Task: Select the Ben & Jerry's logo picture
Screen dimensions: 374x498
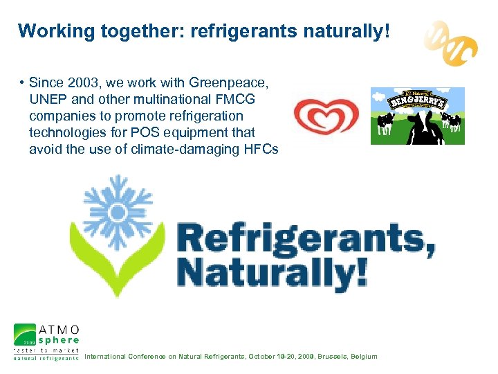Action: [417, 116]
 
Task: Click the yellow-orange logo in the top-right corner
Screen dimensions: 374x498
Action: [451, 41]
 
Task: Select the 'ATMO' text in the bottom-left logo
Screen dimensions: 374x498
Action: [58, 328]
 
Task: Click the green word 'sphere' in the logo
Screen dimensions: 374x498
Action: [58, 340]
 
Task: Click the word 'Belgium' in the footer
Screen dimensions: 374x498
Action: [365, 357]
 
